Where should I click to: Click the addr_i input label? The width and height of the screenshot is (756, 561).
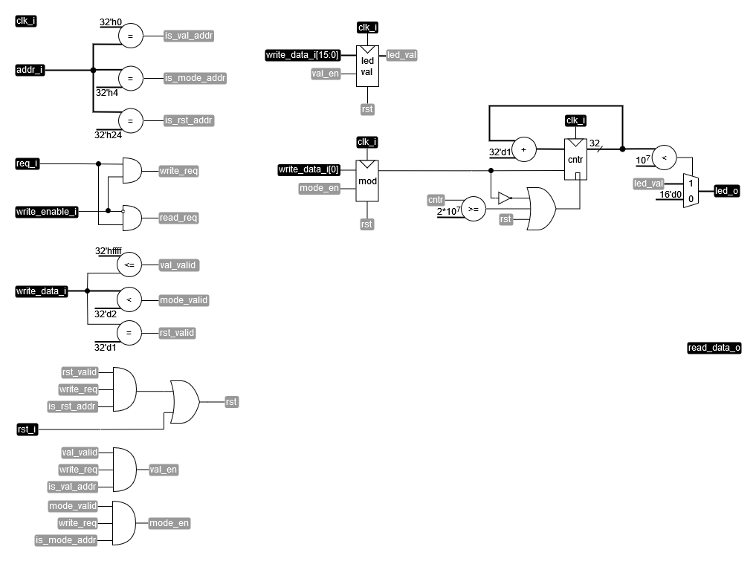[30, 71]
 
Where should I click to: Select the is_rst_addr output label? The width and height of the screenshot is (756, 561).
[189, 120]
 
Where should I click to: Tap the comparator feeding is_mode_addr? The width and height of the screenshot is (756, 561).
[130, 78]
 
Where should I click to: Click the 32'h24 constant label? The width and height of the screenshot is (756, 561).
[109, 134]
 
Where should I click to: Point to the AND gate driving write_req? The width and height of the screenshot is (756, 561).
[131, 170]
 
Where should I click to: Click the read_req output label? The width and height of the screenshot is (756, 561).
[178, 218]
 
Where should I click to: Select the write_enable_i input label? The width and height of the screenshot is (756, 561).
[47, 212]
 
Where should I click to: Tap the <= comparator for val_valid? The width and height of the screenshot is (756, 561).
[129, 265]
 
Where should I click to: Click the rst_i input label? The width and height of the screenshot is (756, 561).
[27, 429]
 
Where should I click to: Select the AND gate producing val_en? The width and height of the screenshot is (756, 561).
[124, 469]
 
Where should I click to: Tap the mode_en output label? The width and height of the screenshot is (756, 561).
[169, 522]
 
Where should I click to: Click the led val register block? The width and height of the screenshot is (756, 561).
[367, 65]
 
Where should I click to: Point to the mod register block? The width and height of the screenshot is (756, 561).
[367, 180]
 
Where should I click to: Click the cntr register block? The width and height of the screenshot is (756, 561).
[575, 159]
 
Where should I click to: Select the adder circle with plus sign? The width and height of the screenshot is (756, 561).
[523, 149]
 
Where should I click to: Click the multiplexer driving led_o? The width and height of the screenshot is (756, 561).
[691, 191]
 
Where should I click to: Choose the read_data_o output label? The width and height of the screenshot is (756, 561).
[714, 348]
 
